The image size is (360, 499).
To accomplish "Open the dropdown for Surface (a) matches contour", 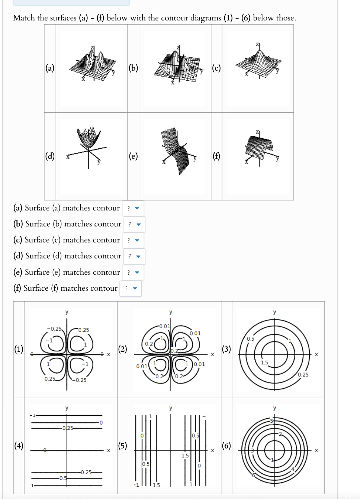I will pyautogui.click(x=133, y=208).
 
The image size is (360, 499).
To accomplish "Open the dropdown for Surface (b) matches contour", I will pyautogui.click(x=134, y=224).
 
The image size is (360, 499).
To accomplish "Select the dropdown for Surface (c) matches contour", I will pyautogui.click(x=133, y=240).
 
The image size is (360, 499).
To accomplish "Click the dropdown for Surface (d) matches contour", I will pyautogui.click(x=134, y=256).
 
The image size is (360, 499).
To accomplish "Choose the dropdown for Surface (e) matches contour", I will pyautogui.click(x=133, y=273).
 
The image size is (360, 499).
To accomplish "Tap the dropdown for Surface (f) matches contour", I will pyautogui.click(x=131, y=289).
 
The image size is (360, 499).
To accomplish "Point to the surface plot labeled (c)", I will pyautogui.click(x=258, y=61).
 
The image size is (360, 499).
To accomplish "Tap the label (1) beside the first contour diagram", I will pyautogui.click(x=19, y=349).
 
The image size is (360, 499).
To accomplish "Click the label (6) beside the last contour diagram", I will pyautogui.click(x=226, y=445).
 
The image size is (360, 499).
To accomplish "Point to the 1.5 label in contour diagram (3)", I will pyautogui.click(x=264, y=363).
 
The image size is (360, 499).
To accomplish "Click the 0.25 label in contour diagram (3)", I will pyautogui.click(x=303, y=374).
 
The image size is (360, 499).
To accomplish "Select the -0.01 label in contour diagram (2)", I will pyautogui.click(x=164, y=326).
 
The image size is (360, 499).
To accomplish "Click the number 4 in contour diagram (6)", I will pyautogui.click(x=293, y=469).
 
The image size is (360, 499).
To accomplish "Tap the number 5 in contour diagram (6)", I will pyautogui.click(x=271, y=421).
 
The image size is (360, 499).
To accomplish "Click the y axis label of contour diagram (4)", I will pyautogui.click(x=67, y=408).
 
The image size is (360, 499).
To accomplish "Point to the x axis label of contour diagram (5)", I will pyautogui.click(x=212, y=450).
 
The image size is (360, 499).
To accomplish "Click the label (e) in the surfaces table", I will pyautogui.click(x=133, y=156).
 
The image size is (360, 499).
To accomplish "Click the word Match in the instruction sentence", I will pyautogui.click(x=24, y=18).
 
